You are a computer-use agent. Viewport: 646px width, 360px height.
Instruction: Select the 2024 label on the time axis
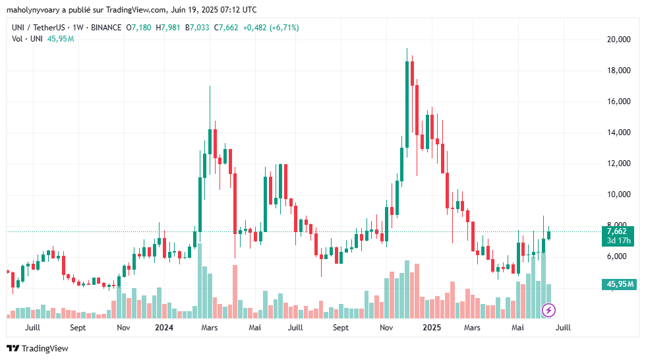[x=163, y=328]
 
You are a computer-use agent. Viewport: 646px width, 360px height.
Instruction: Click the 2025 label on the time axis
[x=432, y=328]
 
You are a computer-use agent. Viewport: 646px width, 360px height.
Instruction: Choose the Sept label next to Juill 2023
[x=78, y=328]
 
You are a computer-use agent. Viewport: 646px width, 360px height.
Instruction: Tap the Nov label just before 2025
[x=387, y=328]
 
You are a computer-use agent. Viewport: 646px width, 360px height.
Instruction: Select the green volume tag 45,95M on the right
[x=618, y=284]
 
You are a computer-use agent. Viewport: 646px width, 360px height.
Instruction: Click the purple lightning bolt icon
[x=548, y=309]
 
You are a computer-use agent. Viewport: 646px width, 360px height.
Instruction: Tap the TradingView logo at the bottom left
[x=38, y=348]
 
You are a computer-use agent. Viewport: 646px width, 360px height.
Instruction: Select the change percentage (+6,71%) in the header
[x=281, y=28]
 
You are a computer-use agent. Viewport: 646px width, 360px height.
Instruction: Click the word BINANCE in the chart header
[x=106, y=28]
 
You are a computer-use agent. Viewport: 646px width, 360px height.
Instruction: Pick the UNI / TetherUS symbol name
[x=40, y=28]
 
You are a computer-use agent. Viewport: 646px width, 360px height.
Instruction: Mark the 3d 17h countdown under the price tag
[x=618, y=241]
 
